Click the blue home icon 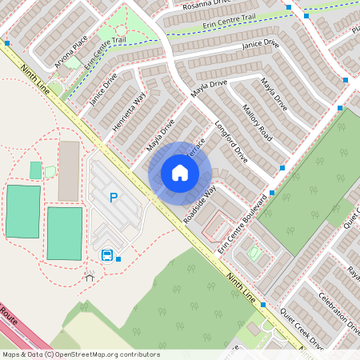pos(180,172)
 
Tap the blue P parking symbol pos(114,198)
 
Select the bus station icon pos(106,255)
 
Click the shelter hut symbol pos(89,274)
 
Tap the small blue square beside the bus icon pos(118,258)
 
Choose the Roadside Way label pos(199,205)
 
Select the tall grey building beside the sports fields pos(69,171)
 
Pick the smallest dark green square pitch pos(35,170)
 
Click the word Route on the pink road pos(7,314)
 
